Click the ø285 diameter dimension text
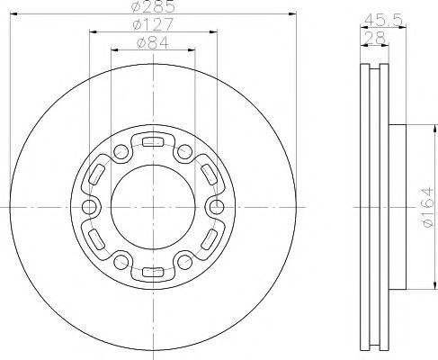click(153, 9)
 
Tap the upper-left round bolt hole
click(121, 150)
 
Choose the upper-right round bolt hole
click(185, 150)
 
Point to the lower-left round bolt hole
click(121, 262)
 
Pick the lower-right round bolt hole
click(185, 262)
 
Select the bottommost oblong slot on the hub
click(153, 273)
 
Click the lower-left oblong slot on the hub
click(95, 239)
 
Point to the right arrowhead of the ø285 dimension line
click(293, 14)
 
